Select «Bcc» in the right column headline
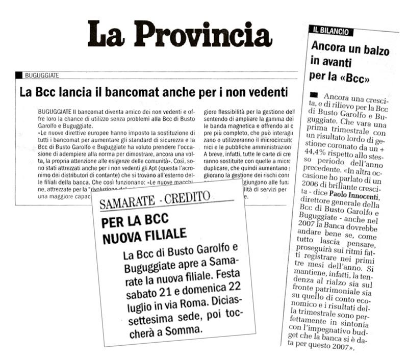pyautogui.click(x=353, y=80)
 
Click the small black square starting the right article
pyautogui.click(x=314, y=95)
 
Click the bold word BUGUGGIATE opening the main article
pyautogui.click(x=55, y=111)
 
